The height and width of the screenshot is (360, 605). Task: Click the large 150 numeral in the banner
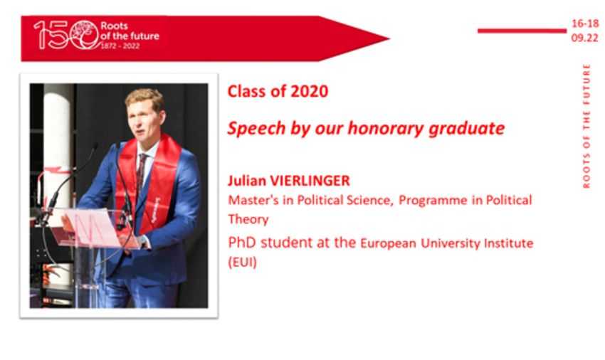click(66, 35)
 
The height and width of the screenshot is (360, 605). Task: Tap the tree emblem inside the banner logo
click(85, 31)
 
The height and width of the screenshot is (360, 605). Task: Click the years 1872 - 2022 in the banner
click(120, 46)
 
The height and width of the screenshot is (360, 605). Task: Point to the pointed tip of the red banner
click(389, 38)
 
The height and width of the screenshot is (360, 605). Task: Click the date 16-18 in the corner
click(585, 23)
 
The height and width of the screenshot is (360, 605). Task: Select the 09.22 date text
click(585, 38)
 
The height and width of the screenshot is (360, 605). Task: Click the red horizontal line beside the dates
click(522, 31)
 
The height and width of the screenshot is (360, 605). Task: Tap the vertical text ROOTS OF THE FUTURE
click(586, 126)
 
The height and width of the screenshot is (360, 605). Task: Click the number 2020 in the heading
click(309, 92)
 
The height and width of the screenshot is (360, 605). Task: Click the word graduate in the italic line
click(467, 129)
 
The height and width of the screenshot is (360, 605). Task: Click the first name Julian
click(247, 181)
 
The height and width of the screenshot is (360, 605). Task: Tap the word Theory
click(248, 220)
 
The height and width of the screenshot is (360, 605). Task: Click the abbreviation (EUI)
click(242, 263)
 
